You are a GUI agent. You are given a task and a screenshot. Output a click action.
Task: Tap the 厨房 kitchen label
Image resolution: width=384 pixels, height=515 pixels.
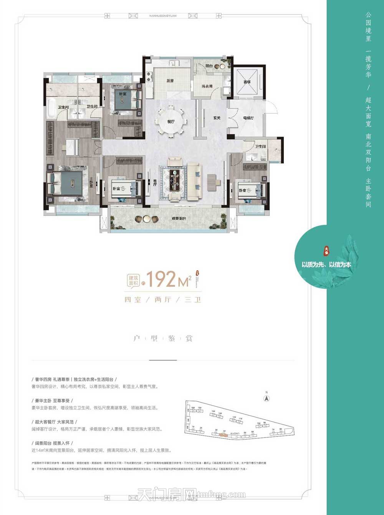(x=170, y=81)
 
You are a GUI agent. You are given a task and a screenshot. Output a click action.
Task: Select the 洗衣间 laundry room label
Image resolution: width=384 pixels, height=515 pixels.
(x=207, y=86)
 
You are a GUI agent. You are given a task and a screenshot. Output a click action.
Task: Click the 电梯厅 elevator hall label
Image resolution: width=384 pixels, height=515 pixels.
(x=248, y=118)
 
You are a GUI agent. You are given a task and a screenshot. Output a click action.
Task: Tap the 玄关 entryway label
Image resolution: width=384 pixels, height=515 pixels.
(x=217, y=118)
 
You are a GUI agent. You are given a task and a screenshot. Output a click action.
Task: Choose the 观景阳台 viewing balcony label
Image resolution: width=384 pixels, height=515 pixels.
(x=179, y=218)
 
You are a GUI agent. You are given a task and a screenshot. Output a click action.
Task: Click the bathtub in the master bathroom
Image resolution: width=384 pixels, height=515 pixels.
(x=50, y=104)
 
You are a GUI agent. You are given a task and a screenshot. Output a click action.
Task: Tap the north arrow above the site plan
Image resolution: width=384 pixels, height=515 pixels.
(x=265, y=398)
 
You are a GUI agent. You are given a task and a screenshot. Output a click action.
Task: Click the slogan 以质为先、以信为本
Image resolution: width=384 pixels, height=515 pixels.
(x=326, y=265)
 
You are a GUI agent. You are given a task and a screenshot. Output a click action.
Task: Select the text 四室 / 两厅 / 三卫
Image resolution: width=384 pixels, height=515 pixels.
(x=162, y=300)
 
